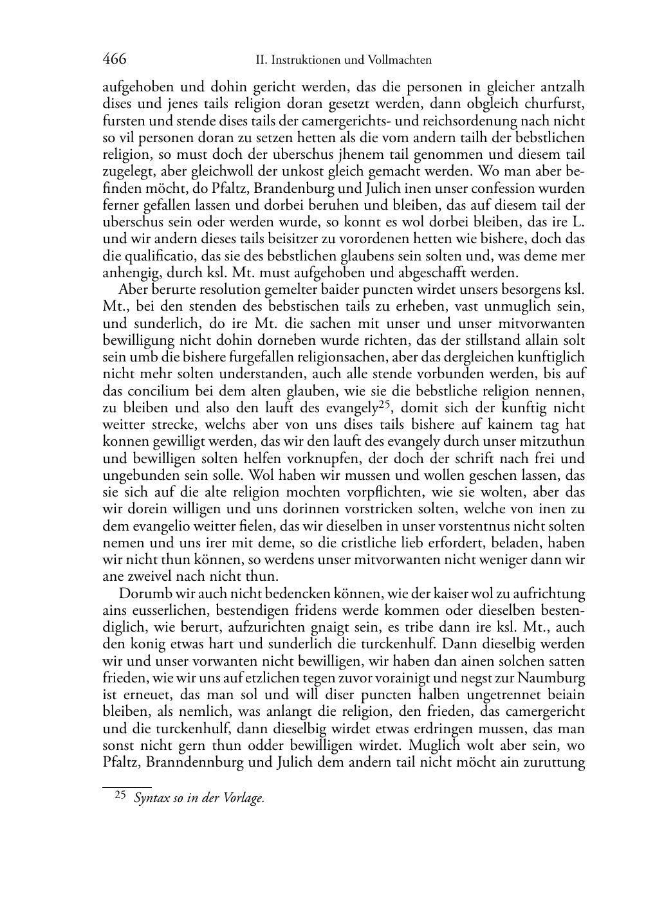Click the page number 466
(115, 60)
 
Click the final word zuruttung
(554, 763)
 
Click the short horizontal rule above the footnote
(127, 787)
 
